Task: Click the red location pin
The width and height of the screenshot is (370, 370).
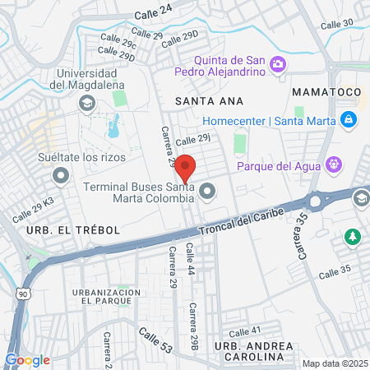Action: pos(186,168)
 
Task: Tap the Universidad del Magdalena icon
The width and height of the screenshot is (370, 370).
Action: pos(86,104)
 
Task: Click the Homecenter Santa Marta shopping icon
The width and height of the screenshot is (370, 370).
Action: pos(349,121)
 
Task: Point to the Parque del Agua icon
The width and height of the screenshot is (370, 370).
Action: pos(333,165)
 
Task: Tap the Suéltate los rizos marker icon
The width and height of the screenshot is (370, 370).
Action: pos(61,175)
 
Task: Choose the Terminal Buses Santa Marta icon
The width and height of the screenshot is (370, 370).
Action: pos(207,192)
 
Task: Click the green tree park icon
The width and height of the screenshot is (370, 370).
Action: pos(353,237)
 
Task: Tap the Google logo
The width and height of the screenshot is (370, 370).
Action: pos(27,359)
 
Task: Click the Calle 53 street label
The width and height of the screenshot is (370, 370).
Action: pos(155,340)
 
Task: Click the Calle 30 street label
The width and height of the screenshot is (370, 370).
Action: pos(336,25)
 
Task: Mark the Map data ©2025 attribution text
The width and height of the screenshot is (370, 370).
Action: pos(334,363)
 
